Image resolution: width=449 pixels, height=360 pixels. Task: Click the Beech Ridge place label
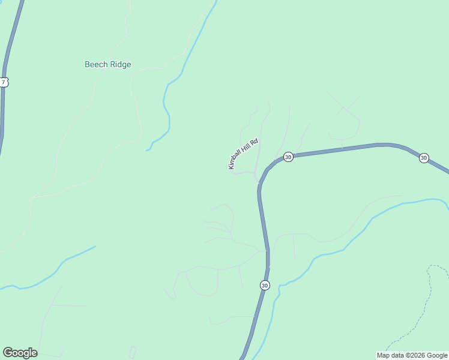(x=107, y=65)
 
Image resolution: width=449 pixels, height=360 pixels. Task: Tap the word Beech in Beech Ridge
(x=96, y=65)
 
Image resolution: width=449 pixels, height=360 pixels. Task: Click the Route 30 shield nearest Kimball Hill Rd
(x=288, y=157)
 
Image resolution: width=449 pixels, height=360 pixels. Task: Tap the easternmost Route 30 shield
(x=424, y=158)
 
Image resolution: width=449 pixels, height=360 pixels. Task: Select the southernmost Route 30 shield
(x=265, y=285)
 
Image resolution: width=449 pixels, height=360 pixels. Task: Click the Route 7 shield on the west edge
(x=4, y=82)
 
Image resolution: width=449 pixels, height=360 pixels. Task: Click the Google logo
(x=20, y=353)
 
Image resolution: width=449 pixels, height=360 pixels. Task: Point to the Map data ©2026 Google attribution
(x=412, y=355)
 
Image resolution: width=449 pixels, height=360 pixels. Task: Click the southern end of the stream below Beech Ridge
(x=147, y=150)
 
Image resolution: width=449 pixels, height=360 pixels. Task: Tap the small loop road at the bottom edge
(x=132, y=352)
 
